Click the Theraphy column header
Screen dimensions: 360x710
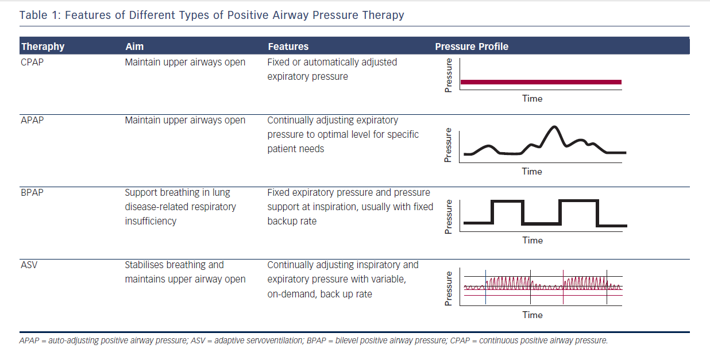[43, 47]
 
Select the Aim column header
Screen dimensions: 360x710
[134, 47]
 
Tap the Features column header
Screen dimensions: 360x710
[288, 47]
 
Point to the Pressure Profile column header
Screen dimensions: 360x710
[472, 47]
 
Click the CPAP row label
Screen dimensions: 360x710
[32, 62]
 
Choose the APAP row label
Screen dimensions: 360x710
[32, 120]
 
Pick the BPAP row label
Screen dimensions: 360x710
[32, 192]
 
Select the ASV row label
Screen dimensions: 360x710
[29, 265]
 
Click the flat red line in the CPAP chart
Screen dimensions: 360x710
[541, 82]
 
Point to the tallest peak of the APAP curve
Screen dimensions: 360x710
[554, 127]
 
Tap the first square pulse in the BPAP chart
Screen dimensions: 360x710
[507, 202]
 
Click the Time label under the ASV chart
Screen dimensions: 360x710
[532, 315]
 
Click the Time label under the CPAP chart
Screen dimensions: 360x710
[532, 98]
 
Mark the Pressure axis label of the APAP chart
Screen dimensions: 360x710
[449, 145]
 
